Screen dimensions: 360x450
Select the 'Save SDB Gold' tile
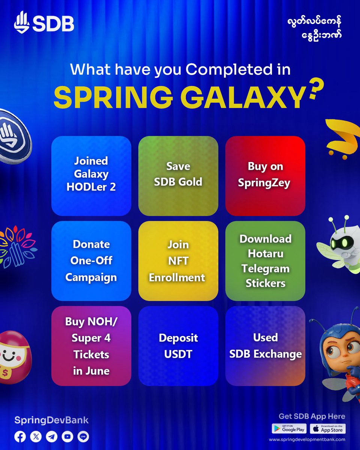pyautogui.click(x=178, y=176)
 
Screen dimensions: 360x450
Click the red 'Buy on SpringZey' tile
pyautogui.click(x=265, y=176)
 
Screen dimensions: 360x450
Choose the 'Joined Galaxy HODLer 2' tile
pyautogui.click(x=91, y=176)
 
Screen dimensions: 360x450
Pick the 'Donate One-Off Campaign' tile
pyautogui.click(x=91, y=261)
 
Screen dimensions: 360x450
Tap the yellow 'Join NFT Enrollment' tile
pyautogui.click(x=178, y=261)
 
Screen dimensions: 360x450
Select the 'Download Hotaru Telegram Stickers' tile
pyautogui.click(x=265, y=261)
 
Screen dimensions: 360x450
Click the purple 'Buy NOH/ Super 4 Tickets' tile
pyautogui.click(x=91, y=346)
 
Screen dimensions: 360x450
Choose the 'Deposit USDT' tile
pyautogui.click(x=178, y=346)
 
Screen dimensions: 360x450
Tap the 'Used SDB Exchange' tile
pyautogui.click(x=265, y=346)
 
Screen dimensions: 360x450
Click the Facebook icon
pyautogui.click(x=20, y=436)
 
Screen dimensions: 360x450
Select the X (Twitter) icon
pyautogui.click(x=36, y=436)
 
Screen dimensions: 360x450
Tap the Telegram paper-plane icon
pyautogui.click(x=52, y=436)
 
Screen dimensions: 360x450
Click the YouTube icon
pyautogui.click(x=67, y=436)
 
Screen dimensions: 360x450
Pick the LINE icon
pyautogui.click(x=83, y=436)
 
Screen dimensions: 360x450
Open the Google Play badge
pyautogui.click(x=289, y=429)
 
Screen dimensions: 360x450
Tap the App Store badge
pyautogui.click(x=328, y=429)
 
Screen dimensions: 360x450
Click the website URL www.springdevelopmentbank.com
pyautogui.click(x=307, y=439)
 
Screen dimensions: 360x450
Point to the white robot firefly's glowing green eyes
pyautogui.click(x=339, y=243)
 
